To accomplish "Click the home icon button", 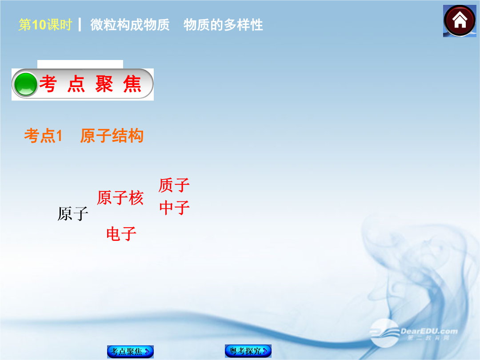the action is pos(460,21).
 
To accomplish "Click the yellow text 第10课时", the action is pos(45,25).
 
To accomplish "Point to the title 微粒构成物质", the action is pos(130,25).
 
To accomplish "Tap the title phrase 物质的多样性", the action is pos(223,25).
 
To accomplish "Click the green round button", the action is pos(26,84).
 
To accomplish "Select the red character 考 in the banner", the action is pos(48,84).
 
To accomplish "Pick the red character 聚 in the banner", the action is pos(104,84).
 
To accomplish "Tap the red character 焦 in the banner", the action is pos(132,84).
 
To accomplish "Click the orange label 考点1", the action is pos(43,136).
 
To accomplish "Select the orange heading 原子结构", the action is pos(112,136).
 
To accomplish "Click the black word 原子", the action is pos(73,214).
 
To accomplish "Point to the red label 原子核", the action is pos(120,197).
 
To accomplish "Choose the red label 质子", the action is pos(174,185).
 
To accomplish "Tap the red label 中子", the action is pos(175,208).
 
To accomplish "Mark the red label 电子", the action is pos(121,234).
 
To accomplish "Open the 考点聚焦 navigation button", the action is pos(130,352).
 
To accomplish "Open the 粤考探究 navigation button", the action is pos(248,351).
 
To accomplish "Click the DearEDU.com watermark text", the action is pos(429,331).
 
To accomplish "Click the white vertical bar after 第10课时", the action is pos(80,25).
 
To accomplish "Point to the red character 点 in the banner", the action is pos(76,84).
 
